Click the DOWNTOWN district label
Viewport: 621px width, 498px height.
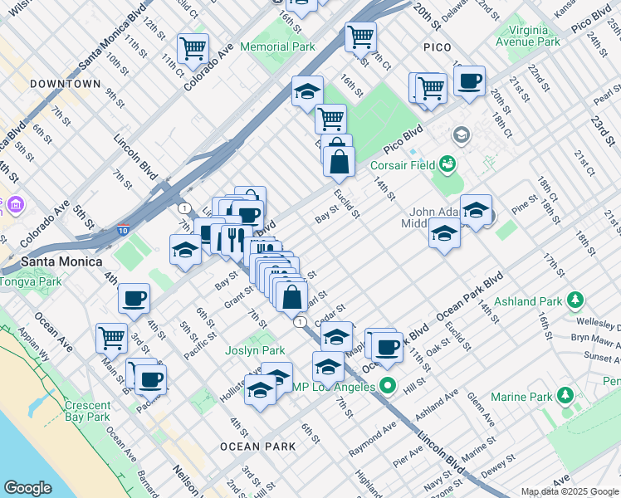pos(65,85)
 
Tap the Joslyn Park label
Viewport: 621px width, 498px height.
pos(255,350)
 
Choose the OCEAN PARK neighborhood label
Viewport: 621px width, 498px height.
pos(257,447)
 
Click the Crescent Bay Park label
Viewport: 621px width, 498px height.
pos(87,412)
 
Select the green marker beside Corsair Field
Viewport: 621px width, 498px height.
pos(448,164)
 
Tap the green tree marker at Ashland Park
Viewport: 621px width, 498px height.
pos(574,301)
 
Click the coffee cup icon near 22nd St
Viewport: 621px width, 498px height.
pos(469,82)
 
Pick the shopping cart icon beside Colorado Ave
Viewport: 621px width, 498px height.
pos(193,48)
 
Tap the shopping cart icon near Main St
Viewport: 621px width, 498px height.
pos(111,337)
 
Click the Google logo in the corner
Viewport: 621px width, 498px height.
pos(27,488)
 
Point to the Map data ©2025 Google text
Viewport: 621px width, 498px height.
pos(570,491)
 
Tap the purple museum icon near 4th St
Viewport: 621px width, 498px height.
pos(14,204)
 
